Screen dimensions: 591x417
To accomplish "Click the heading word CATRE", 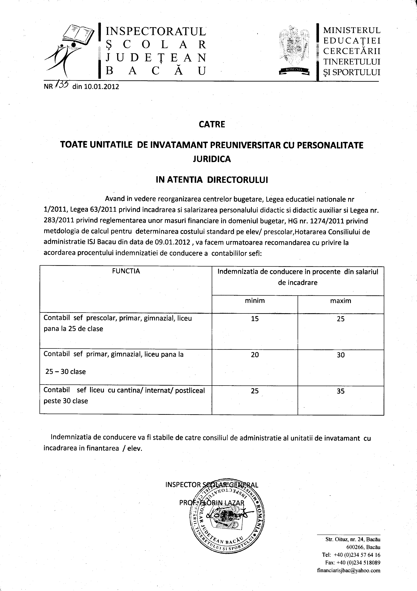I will [x=212, y=125].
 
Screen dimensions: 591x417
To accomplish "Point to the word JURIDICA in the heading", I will [x=212, y=159].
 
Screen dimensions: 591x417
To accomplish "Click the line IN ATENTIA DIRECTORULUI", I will [x=212, y=180].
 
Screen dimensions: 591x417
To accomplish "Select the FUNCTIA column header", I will [x=126, y=271].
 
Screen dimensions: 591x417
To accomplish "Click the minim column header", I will [x=255, y=301].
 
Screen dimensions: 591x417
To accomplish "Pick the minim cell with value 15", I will [x=255, y=319].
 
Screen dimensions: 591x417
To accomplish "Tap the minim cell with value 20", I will [x=255, y=355].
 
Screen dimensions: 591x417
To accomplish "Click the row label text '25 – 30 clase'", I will [x=65, y=372].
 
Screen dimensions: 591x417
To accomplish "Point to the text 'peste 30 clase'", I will [x=66, y=401].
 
